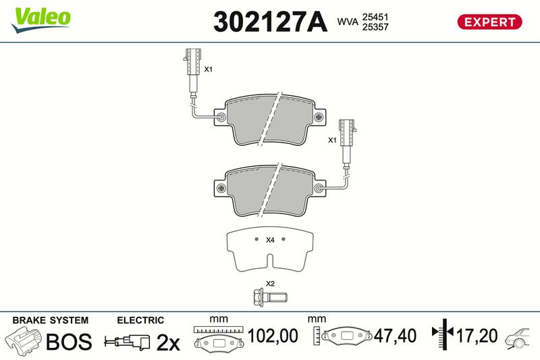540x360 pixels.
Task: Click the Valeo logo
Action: [41, 20]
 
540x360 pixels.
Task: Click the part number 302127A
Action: [270, 22]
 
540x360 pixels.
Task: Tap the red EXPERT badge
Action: [489, 22]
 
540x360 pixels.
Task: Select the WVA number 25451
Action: [375, 16]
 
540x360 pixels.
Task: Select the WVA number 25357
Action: [375, 27]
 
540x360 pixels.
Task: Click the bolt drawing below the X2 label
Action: [269, 297]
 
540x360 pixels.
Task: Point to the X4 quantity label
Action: [270, 240]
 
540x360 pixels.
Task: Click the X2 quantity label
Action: [271, 284]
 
